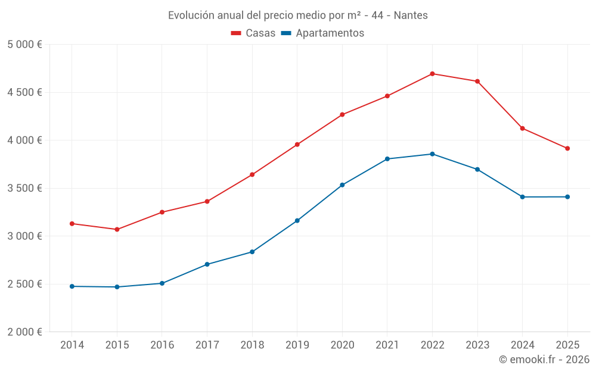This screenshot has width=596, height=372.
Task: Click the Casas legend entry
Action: click(253, 33)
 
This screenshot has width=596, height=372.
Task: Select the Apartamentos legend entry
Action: click(322, 33)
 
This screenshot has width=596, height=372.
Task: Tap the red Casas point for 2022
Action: click(432, 74)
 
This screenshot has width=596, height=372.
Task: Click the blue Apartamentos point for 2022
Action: click(432, 154)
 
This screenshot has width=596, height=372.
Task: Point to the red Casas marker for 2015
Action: click(117, 229)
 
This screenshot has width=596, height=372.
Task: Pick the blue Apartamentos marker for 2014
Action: click(72, 286)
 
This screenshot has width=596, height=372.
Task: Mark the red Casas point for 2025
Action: click(567, 148)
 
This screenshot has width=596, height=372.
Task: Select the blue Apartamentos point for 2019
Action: click(297, 221)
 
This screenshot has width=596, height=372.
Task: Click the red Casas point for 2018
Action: click(252, 174)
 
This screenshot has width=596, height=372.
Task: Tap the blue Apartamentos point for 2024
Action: click(522, 197)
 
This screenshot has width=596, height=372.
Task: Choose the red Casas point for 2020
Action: click(342, 114)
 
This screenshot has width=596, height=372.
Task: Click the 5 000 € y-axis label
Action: click(24, 45)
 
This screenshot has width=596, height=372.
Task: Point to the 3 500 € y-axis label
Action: click(24, 188)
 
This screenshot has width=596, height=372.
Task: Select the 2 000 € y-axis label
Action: click(24, 332)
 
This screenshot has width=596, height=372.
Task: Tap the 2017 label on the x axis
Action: click(207, 345)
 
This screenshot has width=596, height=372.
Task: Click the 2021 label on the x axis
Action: click(387, 345)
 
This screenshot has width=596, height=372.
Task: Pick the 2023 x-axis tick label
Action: click(477, 345)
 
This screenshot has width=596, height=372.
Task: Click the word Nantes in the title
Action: click(410, 15)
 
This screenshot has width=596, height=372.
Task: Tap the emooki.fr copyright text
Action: click(544, 360)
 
